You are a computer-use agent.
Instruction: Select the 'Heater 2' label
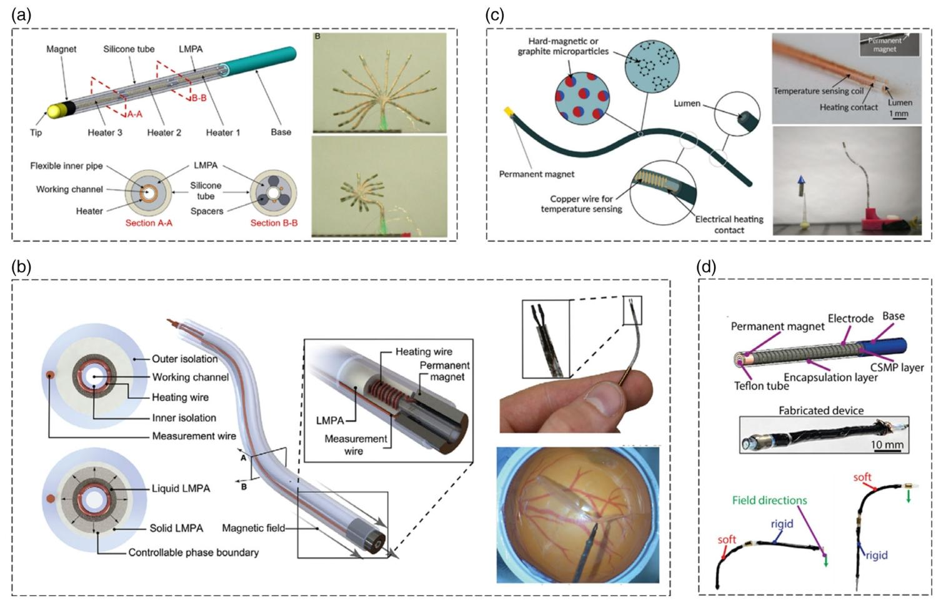click(164, 132)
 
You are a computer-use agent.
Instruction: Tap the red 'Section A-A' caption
click(149, 223)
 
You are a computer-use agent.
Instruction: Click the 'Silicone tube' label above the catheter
click(129, 49)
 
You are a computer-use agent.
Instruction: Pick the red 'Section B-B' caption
click(274, 223)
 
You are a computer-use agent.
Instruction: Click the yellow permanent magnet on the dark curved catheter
click(509, 111)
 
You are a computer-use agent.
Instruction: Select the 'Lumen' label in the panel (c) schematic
click(687, 103)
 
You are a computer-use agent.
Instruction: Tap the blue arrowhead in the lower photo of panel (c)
click(802, 180)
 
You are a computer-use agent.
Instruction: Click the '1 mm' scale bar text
click(899, 114)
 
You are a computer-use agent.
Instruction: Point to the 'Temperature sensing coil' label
click(819, 91)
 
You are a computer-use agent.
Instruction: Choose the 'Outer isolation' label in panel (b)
click(185, 359)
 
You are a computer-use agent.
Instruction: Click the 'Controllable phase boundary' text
click(193, 552)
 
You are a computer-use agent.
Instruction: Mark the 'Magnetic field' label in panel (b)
click(253, 528)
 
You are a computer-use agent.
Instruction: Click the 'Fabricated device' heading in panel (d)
click(821, 410)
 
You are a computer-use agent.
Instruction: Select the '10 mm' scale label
click(887, 444)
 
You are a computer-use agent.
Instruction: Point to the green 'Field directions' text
click(769, 501)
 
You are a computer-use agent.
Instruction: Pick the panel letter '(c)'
click(494, 15)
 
